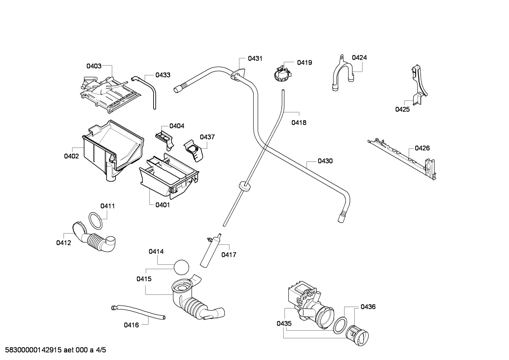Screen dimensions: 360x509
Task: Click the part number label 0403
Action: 94,66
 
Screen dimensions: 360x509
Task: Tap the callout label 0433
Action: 163,75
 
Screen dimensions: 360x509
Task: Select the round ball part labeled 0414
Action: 181,267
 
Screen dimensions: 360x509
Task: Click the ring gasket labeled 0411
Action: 95,221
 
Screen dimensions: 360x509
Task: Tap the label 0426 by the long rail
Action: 422,148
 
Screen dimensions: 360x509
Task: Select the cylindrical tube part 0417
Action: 207,253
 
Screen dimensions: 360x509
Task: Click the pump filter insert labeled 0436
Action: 357,334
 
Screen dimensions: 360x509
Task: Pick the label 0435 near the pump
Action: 284,323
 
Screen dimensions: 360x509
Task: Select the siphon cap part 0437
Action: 194,151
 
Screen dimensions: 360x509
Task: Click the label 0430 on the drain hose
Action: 325,161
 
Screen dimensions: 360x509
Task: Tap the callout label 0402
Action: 71,156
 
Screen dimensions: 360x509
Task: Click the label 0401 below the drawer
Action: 162,205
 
